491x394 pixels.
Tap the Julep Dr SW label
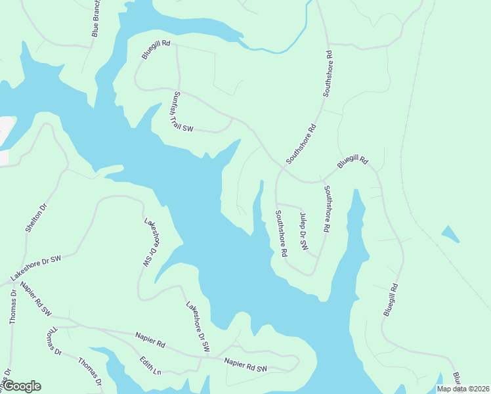(x=303, y=232)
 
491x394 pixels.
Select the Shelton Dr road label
(x=37, y=218)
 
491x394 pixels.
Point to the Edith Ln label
(x=150, y=366)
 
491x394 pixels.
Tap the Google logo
(x=22, y=386)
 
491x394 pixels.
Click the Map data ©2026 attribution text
(x=463, y=389)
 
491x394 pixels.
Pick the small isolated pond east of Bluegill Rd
(x=450, y=233)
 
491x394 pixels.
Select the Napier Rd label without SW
(x=150, y=339)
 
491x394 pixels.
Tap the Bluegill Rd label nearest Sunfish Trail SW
(x=156, y=51)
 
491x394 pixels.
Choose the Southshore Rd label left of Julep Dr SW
(x=281, y=233)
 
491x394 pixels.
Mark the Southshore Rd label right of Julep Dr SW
(x=326, y=209)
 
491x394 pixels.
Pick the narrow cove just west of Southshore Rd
(x=258, y=204)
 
